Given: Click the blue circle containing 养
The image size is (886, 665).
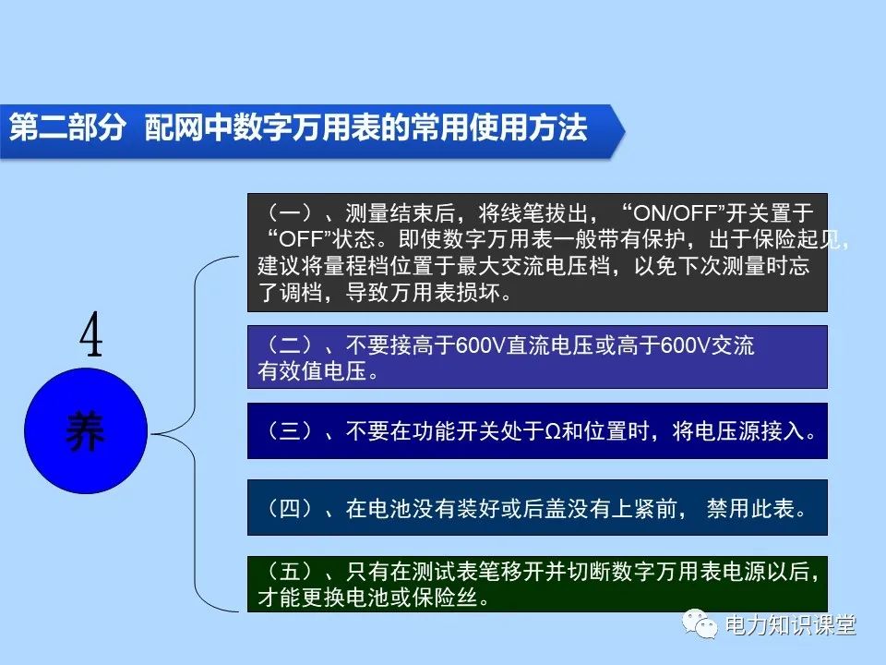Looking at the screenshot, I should (86, 433).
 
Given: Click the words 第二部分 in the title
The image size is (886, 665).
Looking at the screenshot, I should (66, 127).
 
